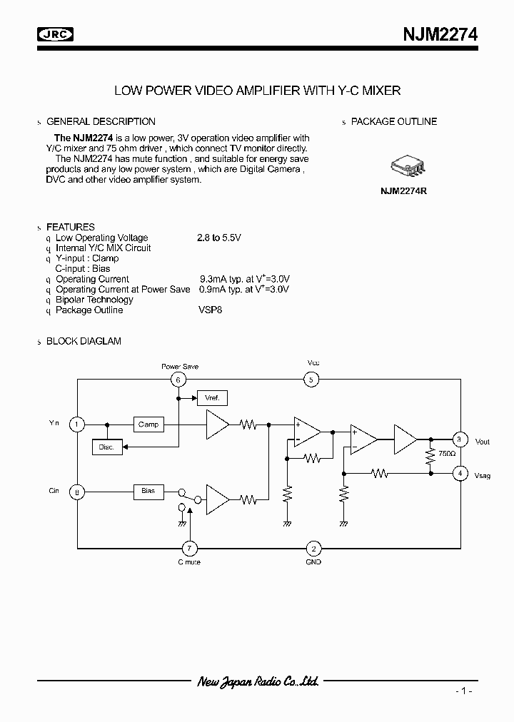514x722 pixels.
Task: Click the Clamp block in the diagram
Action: [x=148, y=424]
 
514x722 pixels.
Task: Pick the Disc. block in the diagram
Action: [x=107, y=447]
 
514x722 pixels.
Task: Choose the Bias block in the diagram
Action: [x=148, y=492]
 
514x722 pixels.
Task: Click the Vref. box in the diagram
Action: [x=212, y=397]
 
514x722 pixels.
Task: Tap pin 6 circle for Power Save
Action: [x=178, y=380]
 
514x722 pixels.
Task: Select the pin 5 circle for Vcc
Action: [x=313, y=380]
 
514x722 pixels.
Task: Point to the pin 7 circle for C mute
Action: [x=189, y=549]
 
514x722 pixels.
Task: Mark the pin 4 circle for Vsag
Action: [x=460, y=472]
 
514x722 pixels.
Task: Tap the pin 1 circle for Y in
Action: [x=76, y=424]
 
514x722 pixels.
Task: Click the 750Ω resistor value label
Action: [x=447, y=454]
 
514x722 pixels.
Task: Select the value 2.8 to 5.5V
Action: [x=219, y=238]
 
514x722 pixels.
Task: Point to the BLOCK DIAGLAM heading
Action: [x=84, y=341]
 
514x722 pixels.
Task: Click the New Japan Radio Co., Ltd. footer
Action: [x=257, y=682]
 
